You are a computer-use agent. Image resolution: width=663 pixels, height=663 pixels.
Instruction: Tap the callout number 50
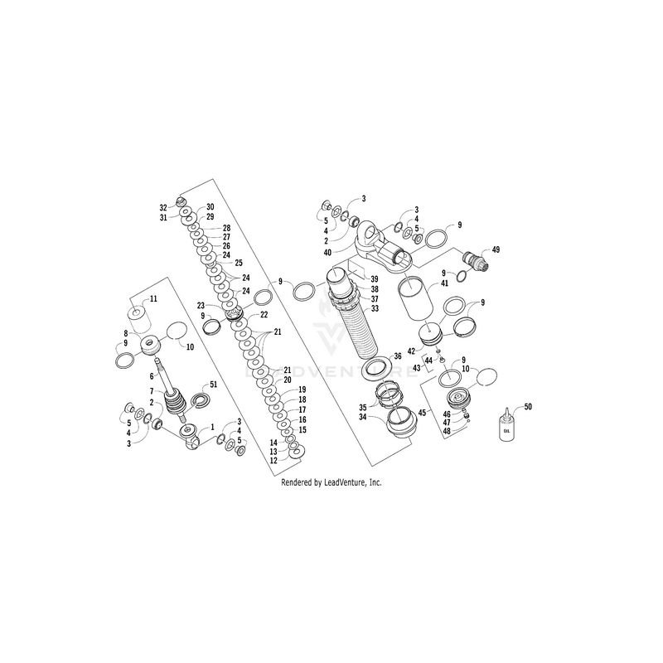click(x=528, y=407)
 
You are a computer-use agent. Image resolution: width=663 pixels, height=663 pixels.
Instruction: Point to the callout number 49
click(x=496, y=249)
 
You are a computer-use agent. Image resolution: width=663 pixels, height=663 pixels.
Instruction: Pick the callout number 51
click(x=213, y=385)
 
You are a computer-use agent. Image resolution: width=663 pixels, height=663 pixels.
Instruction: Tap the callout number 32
click(x=163, y=207)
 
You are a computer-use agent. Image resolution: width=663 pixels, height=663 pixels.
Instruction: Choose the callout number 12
click(x=273, y=461)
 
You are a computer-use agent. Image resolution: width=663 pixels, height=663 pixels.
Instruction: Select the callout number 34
click(x=362, y=418)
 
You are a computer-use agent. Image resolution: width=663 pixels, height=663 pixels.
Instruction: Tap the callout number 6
click(x=152, y=375)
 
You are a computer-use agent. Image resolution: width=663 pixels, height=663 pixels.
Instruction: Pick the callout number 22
click(x=264, y=315)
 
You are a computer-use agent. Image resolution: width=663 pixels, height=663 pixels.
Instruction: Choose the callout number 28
click(x=226, y=227)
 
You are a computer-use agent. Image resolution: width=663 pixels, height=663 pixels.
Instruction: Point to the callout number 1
click(x=212, y=426)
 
